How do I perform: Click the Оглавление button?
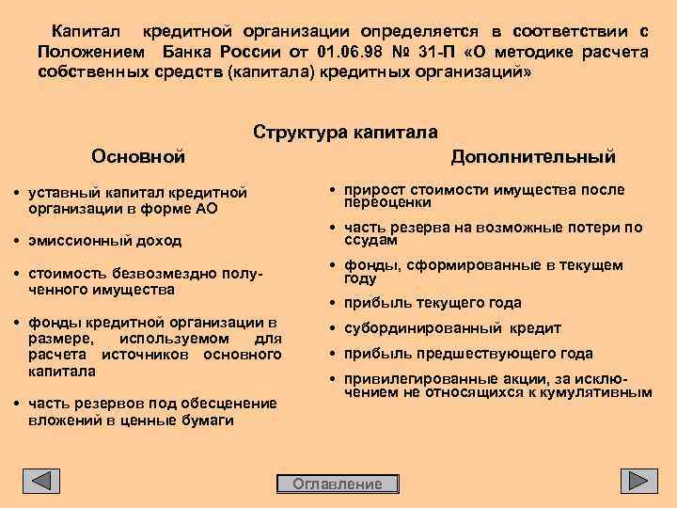click(338, 484)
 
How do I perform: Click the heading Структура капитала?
click(345, 133)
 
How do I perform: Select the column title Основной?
click(138, 154)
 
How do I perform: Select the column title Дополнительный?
click(532, 154)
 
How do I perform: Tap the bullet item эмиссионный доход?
click(104, 240)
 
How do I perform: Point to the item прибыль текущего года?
click(433, 303)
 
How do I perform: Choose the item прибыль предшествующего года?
click(468, 354)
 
